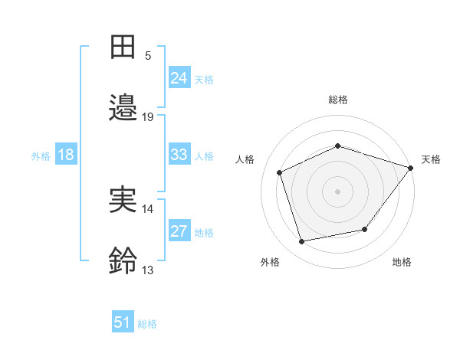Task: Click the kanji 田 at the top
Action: click(x=123, y=47)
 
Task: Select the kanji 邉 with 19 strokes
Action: click(x=123, y=107)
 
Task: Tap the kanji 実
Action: click(x=123, y=199)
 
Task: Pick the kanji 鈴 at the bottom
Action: click(x=123, y=260)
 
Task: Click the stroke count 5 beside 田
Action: click(x=148, y=56)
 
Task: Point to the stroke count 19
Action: click(x=147, y=117)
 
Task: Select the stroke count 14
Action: click(x=147, y=209)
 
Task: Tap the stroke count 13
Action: click(x=147, y=270)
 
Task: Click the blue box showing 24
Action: click(x=179, y=77)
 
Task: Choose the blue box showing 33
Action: click(x=179, y=154)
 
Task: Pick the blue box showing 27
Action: click(x=179, y=230)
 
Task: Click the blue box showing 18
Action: click(x=66, y=154)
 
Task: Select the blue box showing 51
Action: click(x=123, y=321)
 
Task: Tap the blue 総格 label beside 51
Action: click(x=147, y=324)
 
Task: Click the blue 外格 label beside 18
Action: click(x=41, y=156)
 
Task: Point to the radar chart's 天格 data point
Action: click(x=411, y=168)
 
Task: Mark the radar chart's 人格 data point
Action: click(x=280, y=172)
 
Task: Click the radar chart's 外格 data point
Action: click(x=302, y=242)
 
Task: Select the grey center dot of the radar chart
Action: click(x=337, y=191)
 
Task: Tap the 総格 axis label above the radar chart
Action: click(x=338, y=100)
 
